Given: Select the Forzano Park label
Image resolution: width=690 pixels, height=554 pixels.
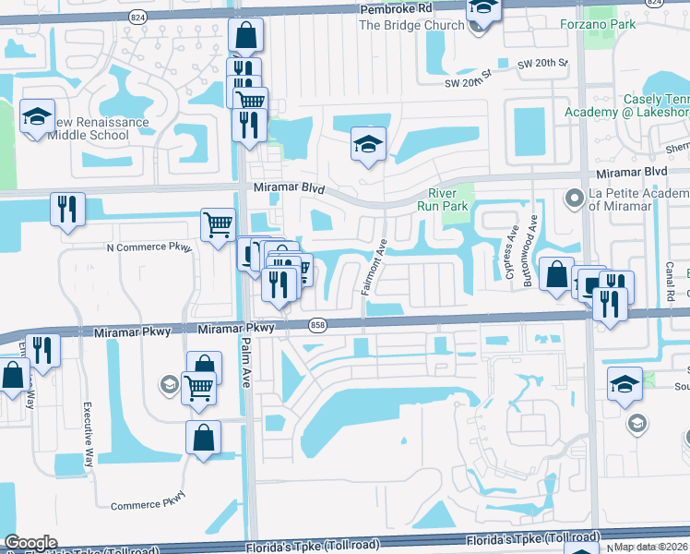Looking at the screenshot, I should [597, 24].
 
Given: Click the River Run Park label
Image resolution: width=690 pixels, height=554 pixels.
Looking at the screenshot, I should [449, 199].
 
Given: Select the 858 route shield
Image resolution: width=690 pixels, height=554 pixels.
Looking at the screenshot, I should [318, 325].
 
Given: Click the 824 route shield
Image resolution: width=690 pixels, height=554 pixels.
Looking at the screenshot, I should [138, 17].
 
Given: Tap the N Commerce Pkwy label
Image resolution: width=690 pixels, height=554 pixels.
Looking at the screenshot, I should [149, 247].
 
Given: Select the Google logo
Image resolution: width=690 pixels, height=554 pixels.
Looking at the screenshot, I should [30, 543].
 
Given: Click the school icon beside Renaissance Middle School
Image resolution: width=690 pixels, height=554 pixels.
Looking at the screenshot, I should [37, 117].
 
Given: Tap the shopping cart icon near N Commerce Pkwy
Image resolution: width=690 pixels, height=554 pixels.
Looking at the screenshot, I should [219, 224].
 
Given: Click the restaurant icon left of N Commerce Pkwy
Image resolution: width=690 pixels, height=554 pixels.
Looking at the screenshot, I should [67, 208].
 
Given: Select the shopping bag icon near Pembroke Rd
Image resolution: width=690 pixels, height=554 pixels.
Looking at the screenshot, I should [246, 38].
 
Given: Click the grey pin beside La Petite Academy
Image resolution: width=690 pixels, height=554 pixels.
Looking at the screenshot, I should [574, 198].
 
